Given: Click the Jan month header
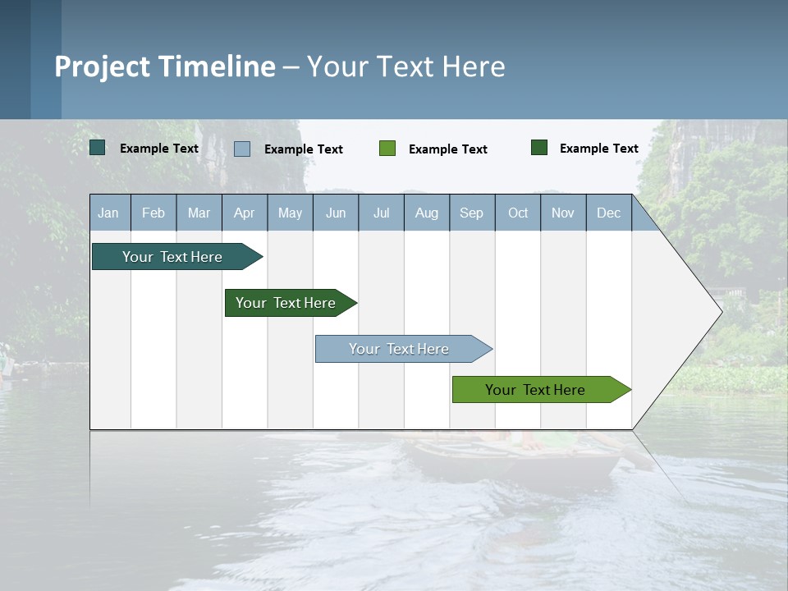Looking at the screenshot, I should pos(108,213).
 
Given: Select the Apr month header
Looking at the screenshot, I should pos(244,213).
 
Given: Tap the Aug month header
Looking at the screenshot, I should pos(426,213).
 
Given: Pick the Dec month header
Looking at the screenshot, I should pos(608,213).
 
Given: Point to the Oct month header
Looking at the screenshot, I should pos(518,213).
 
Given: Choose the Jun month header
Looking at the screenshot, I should pos(335,213).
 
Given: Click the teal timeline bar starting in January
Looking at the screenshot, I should pos(173,257).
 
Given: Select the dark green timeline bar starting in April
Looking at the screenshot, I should pos(286,303).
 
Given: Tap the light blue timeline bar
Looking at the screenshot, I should pos(400,349).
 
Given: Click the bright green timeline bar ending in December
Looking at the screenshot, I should pos(536,390).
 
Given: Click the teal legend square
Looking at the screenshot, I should pos(98,148).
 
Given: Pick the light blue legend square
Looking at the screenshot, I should pos(242,149).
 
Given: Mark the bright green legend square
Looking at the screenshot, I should pos(387,149).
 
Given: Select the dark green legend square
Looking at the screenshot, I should pos(539,148).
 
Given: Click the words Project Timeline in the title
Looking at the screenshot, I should pos(165,66).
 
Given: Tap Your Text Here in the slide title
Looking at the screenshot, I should pos(405,66).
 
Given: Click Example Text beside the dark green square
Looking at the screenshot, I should pos(598,149).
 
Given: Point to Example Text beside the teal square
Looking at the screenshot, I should pos(158,149).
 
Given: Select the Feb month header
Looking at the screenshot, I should pos(153,213).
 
